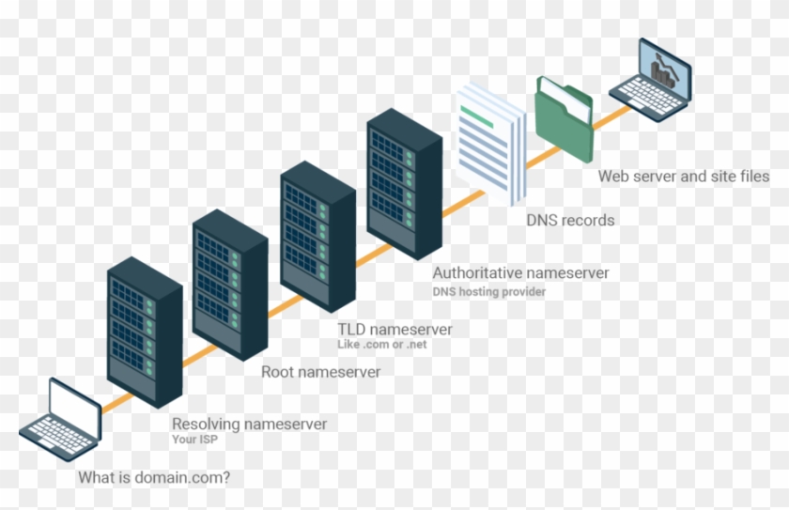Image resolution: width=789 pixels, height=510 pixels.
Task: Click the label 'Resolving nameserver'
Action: (249, 425)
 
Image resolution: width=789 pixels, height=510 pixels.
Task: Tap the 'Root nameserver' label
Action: (320, 373)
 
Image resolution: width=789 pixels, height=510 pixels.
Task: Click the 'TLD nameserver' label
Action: (394, 330)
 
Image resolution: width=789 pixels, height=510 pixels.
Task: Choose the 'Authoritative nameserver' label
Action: (520, 273)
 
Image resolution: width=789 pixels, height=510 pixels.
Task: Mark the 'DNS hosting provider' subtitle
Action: (488, 292)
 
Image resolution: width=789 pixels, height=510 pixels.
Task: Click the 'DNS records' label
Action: (570, 221)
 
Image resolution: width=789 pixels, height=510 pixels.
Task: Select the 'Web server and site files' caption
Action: (684, 176)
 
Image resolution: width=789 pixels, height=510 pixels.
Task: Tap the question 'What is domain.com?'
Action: (154, 477)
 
